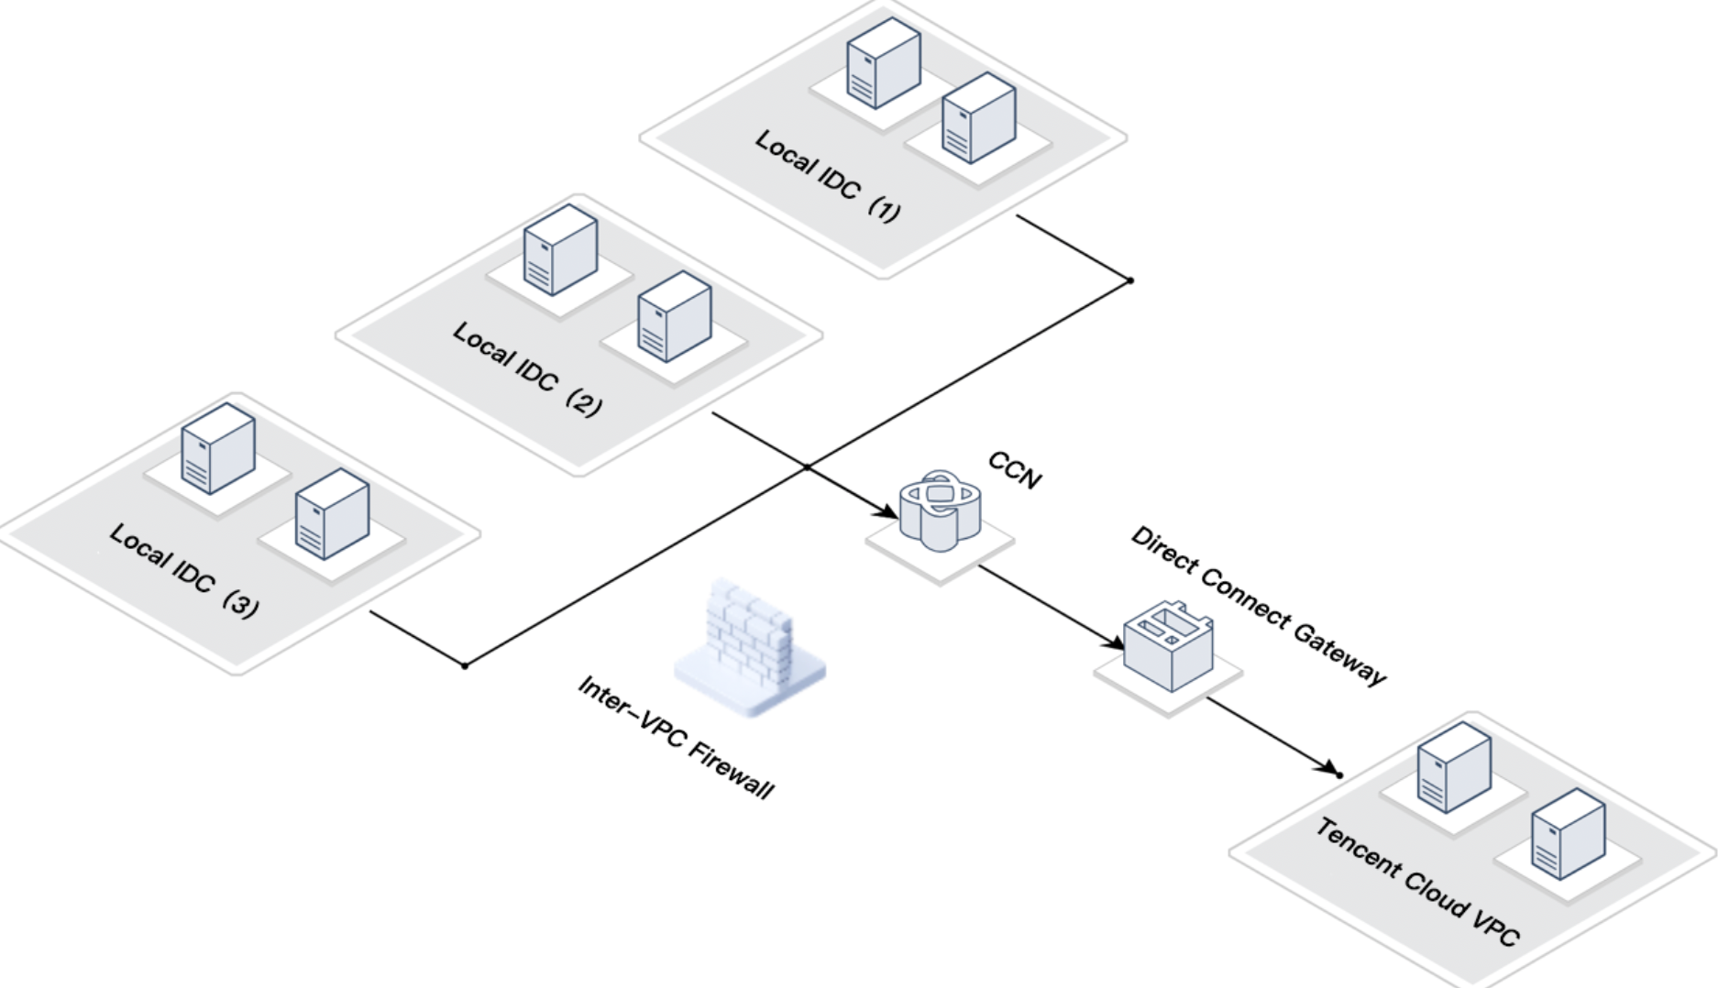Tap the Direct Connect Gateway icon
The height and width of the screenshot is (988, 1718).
point(1168,646)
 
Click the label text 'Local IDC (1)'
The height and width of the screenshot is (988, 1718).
point(827,176)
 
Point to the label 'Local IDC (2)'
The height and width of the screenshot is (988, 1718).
point(527,368)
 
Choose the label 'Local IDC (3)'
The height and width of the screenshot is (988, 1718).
point(183,569)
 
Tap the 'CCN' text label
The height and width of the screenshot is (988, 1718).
point(1015,470)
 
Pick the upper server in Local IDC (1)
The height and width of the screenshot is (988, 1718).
point(883,62)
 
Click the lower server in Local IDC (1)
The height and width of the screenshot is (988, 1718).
point(979,118)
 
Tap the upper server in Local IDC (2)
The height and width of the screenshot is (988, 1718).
point(560,249)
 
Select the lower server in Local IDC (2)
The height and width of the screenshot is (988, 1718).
point(674,316)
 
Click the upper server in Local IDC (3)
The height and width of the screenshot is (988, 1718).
point(218,448)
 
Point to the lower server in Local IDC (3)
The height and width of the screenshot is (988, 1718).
point(332,513)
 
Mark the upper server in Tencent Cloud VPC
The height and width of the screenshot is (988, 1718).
point(1453,767)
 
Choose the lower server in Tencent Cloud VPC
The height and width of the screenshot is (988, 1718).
point(1568,834)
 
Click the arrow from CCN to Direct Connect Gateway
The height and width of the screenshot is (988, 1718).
point(1051,606)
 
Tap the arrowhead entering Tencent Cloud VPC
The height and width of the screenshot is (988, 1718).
point(1329,768)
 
